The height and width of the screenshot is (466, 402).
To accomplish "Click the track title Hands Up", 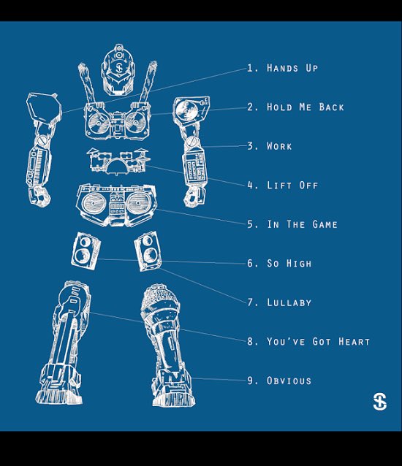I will tap(292, 68).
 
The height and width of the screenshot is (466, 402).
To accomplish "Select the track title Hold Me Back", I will tap(305, 107).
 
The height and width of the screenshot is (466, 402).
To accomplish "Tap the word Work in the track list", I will tap(279, 146).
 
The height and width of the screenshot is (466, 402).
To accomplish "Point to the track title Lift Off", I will tap(292, 186).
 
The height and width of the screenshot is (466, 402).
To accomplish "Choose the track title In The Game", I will tap(302, 224).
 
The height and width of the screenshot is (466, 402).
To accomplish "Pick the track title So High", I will tap(289, 263).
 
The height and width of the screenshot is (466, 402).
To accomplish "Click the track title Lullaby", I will tap(289, 302).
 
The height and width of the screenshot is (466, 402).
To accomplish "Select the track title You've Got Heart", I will tap(318, 341).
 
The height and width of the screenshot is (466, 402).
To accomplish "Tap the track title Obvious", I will tap(289, 381).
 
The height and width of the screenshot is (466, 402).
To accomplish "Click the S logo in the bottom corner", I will tap(379, 401).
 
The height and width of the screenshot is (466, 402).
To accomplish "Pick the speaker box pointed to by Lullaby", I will tap(148, 248).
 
